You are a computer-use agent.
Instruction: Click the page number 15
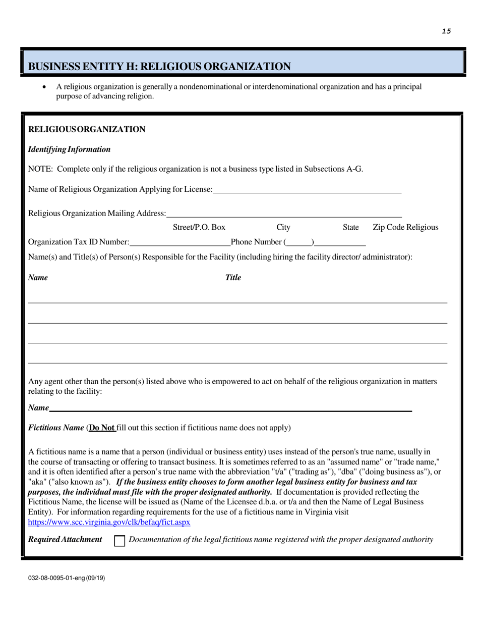click(446, 31)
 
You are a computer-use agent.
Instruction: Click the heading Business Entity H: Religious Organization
click(159, 66)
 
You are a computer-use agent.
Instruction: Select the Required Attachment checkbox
click(119, 540)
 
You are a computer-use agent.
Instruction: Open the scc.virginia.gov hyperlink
click(109, 523)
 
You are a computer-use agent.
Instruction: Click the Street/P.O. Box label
click(199, 227)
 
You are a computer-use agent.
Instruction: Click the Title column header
click(232, 277)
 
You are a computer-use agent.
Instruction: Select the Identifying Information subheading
click(69, 149)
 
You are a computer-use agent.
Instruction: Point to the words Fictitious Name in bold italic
click(56, 428)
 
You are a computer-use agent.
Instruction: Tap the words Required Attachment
click(65, 539)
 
